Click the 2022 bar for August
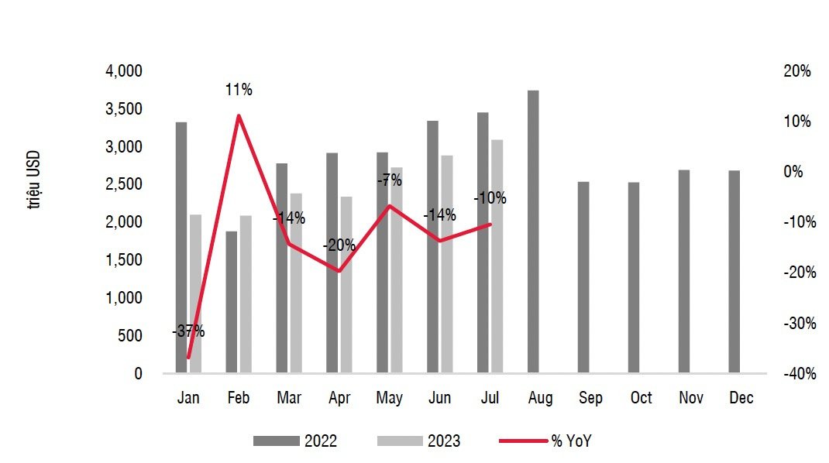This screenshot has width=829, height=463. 533,231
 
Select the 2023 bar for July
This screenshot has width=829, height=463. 497,256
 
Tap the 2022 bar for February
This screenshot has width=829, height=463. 231,302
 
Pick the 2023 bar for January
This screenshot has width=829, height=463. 195,293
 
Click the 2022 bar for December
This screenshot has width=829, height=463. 734,272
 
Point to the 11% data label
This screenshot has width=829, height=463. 239,90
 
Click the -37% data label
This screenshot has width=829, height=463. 188,331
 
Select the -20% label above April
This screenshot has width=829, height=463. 339,245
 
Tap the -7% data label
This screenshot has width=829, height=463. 390,180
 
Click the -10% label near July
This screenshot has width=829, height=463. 490,198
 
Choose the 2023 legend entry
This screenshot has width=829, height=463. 419,441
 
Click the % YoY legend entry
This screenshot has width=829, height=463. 550,441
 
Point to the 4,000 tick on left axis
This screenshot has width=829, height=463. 124,71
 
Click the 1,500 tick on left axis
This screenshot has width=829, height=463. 124,260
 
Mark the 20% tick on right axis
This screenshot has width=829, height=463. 797,71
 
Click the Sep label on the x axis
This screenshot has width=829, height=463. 590,398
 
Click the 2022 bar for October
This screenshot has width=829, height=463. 634,277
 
